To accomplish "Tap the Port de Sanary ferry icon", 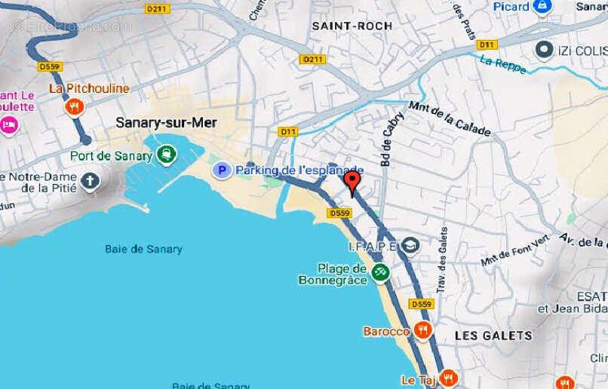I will click(166, 156).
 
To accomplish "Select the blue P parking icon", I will click(221, 170).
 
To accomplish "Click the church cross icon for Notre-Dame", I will click(90, 180).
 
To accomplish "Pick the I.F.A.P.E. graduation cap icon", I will click(410, 246).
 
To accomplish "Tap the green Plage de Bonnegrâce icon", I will click(380, 271).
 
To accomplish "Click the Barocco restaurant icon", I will click(422, 330).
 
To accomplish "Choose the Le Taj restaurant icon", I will click(449, 378).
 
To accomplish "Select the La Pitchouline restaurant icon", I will click(74, 107).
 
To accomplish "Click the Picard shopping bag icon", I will click(542, 6).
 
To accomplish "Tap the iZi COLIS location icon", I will click(545, 50).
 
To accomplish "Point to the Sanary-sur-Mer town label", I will click(166, 122).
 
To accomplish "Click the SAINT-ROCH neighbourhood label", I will click(352, 26).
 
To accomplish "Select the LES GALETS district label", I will click(493, 335).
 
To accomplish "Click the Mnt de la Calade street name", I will click(450, 119).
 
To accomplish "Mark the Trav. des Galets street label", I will click(442, 260).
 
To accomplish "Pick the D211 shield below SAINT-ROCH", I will click(312, 59).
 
